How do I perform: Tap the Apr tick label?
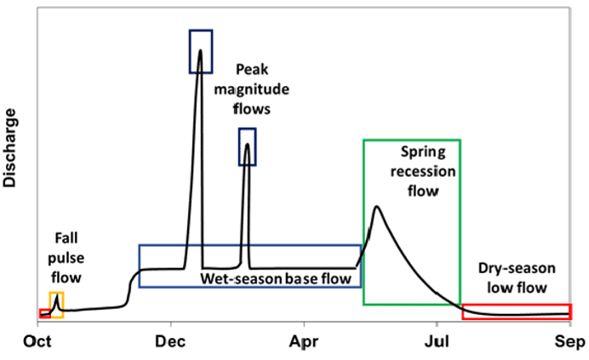click(x=304, y=342)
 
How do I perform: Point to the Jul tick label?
click(x=436, y=342)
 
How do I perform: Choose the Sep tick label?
click(x=568, y=342)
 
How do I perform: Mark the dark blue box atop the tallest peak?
click(x=201, y=51)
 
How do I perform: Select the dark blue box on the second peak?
click(x=247, y=146)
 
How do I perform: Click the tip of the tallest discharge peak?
click(x=200, y=50)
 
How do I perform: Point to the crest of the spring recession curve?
click(x=376, y=206)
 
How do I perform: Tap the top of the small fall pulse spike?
click(x=56, y=296)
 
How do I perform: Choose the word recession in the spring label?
click(x=427, y=171)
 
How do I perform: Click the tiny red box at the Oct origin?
click(x=44, y=313)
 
